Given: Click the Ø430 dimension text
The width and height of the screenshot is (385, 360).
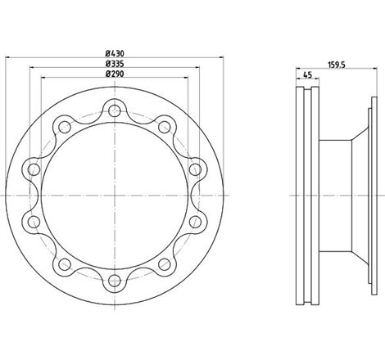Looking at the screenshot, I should pyautogui.click(x=114, y=52).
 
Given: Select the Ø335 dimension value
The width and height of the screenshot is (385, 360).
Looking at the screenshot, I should pyautogui.click(x=114, y=63).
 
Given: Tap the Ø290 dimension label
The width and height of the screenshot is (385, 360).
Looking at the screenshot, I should pyautogui.click(x=114, y=74).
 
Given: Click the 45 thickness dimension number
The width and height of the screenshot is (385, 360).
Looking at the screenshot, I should pyautogui.click(x=307, y=74).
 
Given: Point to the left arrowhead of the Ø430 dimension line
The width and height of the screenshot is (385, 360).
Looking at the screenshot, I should pyautogui.click(x=7, y=56).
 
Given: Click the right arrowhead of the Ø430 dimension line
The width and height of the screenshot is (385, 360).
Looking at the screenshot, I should pyautogui.click(x=220, y=56).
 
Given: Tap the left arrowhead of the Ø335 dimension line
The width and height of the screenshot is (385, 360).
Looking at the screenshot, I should pyautogui.click(x=32, y=68).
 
